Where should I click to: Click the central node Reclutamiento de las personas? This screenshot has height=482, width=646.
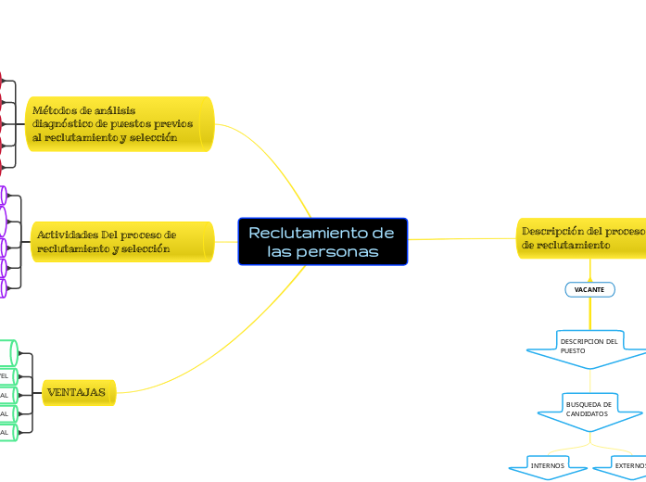tap(323, 242)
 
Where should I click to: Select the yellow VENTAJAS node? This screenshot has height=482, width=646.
tap(79, 393)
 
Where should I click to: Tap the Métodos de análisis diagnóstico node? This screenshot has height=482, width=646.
tap(119, 123)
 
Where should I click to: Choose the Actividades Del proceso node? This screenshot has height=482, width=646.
tap(120, 242)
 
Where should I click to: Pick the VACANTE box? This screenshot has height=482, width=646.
tap(589, 290)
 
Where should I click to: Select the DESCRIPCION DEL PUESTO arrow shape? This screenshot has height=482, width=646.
tap(588, 348)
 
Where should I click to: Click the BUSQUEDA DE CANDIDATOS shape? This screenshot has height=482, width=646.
tap(589, 409)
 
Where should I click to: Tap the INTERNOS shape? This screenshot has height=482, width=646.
tap(547, 465)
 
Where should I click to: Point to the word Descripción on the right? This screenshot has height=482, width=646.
tap(554, 231)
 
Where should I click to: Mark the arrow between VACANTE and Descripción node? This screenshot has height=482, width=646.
tap(589, 271)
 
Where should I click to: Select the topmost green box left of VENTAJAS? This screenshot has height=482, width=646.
tap(7, 352)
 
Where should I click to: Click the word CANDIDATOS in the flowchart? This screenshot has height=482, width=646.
tap(587, 414)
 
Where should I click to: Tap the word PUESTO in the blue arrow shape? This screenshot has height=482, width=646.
tap(573, 352)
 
